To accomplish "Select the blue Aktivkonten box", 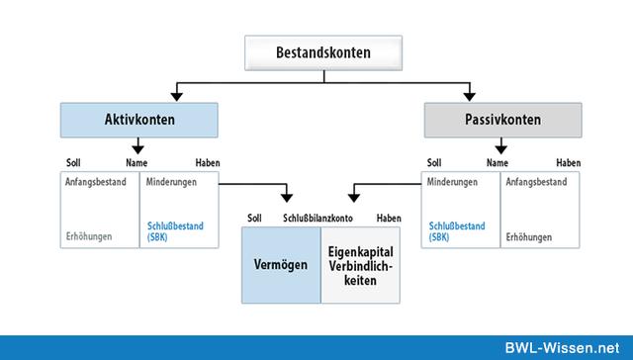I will (138, 120).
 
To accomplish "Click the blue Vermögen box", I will (280, 264).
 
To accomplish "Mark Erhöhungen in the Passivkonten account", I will (528, 237).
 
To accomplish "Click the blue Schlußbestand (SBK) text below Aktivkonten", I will (175, 231).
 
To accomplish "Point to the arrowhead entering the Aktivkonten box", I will (177, 96).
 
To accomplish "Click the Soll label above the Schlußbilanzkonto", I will (255, 217).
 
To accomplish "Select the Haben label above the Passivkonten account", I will (568, 162).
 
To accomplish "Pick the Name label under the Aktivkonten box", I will (136, 162).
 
